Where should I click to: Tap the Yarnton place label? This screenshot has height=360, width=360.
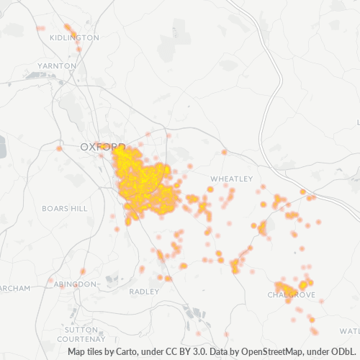click(x=58, y=66)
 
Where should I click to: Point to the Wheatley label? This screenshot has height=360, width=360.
click(x=231, y=178)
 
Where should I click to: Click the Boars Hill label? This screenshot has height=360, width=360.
click(x=64, y=208)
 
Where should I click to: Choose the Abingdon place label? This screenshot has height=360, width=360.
click(x=75, y=284)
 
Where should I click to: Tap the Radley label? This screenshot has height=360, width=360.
click(x=144, y=292)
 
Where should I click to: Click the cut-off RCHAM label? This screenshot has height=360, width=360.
click(x=14, y=288)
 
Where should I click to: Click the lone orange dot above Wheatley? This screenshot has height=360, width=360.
click(x=225, y=152)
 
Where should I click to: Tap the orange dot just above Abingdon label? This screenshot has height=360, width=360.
click(x=83, y=271)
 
